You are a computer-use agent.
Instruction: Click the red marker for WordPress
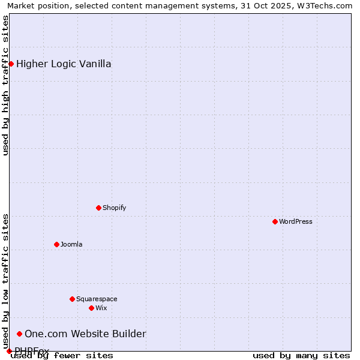click(x=275, y=221)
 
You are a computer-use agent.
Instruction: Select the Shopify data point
click(x=98, y=208)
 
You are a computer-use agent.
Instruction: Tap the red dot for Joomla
click(x=56, y=244)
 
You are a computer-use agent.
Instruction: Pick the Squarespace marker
click(x=72, y=299)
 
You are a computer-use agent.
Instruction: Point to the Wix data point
click(x=91, y=308)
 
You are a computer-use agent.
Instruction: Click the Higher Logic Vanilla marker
click(x=11, y=64)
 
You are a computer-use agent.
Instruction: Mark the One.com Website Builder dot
click(x=19, y=334)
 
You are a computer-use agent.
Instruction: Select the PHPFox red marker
click(x=9, y=351)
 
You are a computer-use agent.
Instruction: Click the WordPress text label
click(x=296, y=221)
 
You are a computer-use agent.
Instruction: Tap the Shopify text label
click(x=115, y=208)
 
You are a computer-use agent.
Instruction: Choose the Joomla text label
click(x=71, y=244)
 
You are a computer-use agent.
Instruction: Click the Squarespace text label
click(x=97, y=299)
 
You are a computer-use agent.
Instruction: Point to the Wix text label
click(x=101, y=308)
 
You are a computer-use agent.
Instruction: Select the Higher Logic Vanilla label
click(x=64, y=64)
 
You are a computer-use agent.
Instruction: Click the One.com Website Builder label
click(x=85, y=334)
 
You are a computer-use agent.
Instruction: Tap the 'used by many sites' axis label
click(x=301, y=355)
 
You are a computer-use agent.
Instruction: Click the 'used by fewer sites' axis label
click(x=62, y=355)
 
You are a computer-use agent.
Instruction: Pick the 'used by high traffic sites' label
click(x=5, y=86)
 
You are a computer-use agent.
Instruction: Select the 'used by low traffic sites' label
click(x=5, y=281)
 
